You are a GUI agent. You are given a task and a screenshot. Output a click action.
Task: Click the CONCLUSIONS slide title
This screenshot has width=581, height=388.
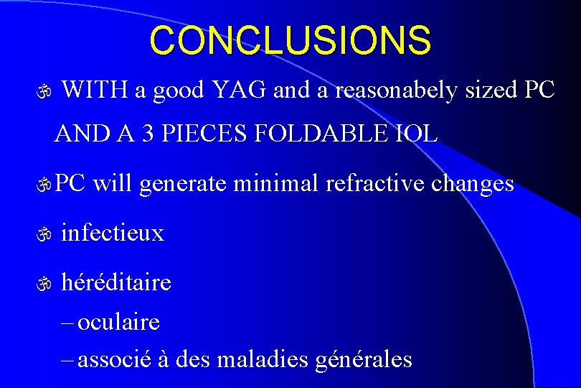click(290, 41)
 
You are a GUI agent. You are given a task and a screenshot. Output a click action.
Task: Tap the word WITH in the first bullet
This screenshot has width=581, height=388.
click(95, 91)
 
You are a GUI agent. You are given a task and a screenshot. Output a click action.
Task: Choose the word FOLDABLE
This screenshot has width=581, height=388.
click(323, 133)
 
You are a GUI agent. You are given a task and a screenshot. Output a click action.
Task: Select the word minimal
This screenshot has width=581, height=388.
click(278, 183)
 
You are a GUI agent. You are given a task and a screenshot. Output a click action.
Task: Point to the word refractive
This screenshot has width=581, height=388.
click(377, 183)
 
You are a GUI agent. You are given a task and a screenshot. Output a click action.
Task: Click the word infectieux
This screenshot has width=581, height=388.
click(113, 233)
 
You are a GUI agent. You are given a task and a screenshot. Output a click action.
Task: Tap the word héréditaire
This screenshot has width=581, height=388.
click(116, 282)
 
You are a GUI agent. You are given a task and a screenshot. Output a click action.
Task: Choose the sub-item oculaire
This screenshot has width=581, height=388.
click(118, 322)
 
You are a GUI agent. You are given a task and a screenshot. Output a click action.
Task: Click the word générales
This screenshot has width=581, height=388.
click(364, 358)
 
